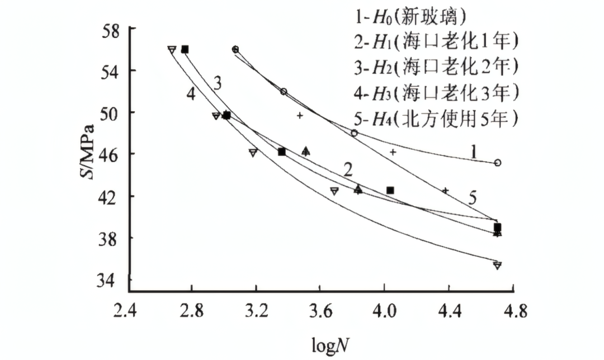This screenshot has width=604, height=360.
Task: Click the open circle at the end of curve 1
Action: (497, 163)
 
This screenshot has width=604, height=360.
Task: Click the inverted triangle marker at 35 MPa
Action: (497, 265)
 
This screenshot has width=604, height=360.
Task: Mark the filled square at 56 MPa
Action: (185, 49)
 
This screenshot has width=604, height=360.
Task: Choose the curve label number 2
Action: (348, 169)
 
